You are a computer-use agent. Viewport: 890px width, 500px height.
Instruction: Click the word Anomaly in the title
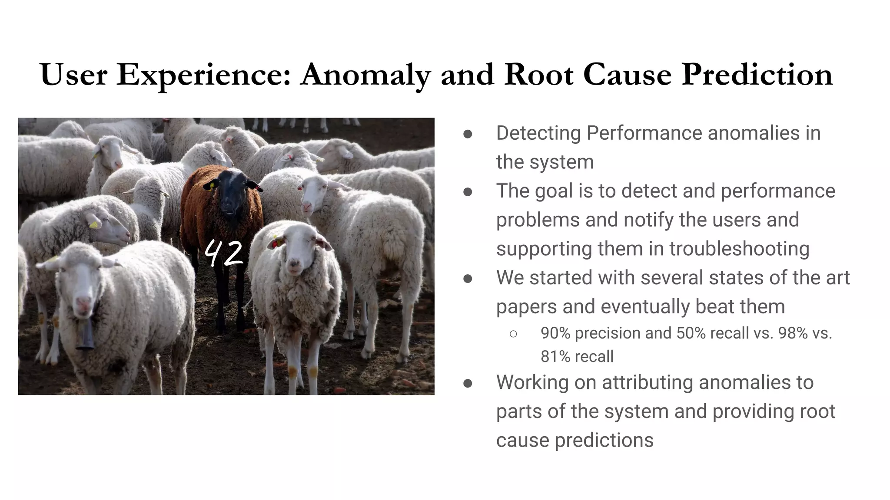[x=365, y=75]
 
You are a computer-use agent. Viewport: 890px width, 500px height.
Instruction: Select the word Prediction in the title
[x=757, y=75]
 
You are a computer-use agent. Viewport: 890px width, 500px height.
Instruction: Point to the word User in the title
[x=73, y=75]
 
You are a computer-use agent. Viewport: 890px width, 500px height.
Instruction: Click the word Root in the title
[x=539, y=75]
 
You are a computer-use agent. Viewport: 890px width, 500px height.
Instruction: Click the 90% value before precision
[x=555, y=333]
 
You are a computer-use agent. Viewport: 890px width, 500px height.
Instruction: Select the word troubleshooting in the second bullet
[x=739, y=249]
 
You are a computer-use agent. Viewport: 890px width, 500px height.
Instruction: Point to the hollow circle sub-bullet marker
[x=513, y=334]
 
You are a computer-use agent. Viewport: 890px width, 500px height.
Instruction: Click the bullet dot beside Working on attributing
[x=468, y=383]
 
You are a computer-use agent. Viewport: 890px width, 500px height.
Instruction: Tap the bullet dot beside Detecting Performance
[x=468, y=134]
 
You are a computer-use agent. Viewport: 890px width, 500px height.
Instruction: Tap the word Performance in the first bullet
[x=644, y=133]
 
